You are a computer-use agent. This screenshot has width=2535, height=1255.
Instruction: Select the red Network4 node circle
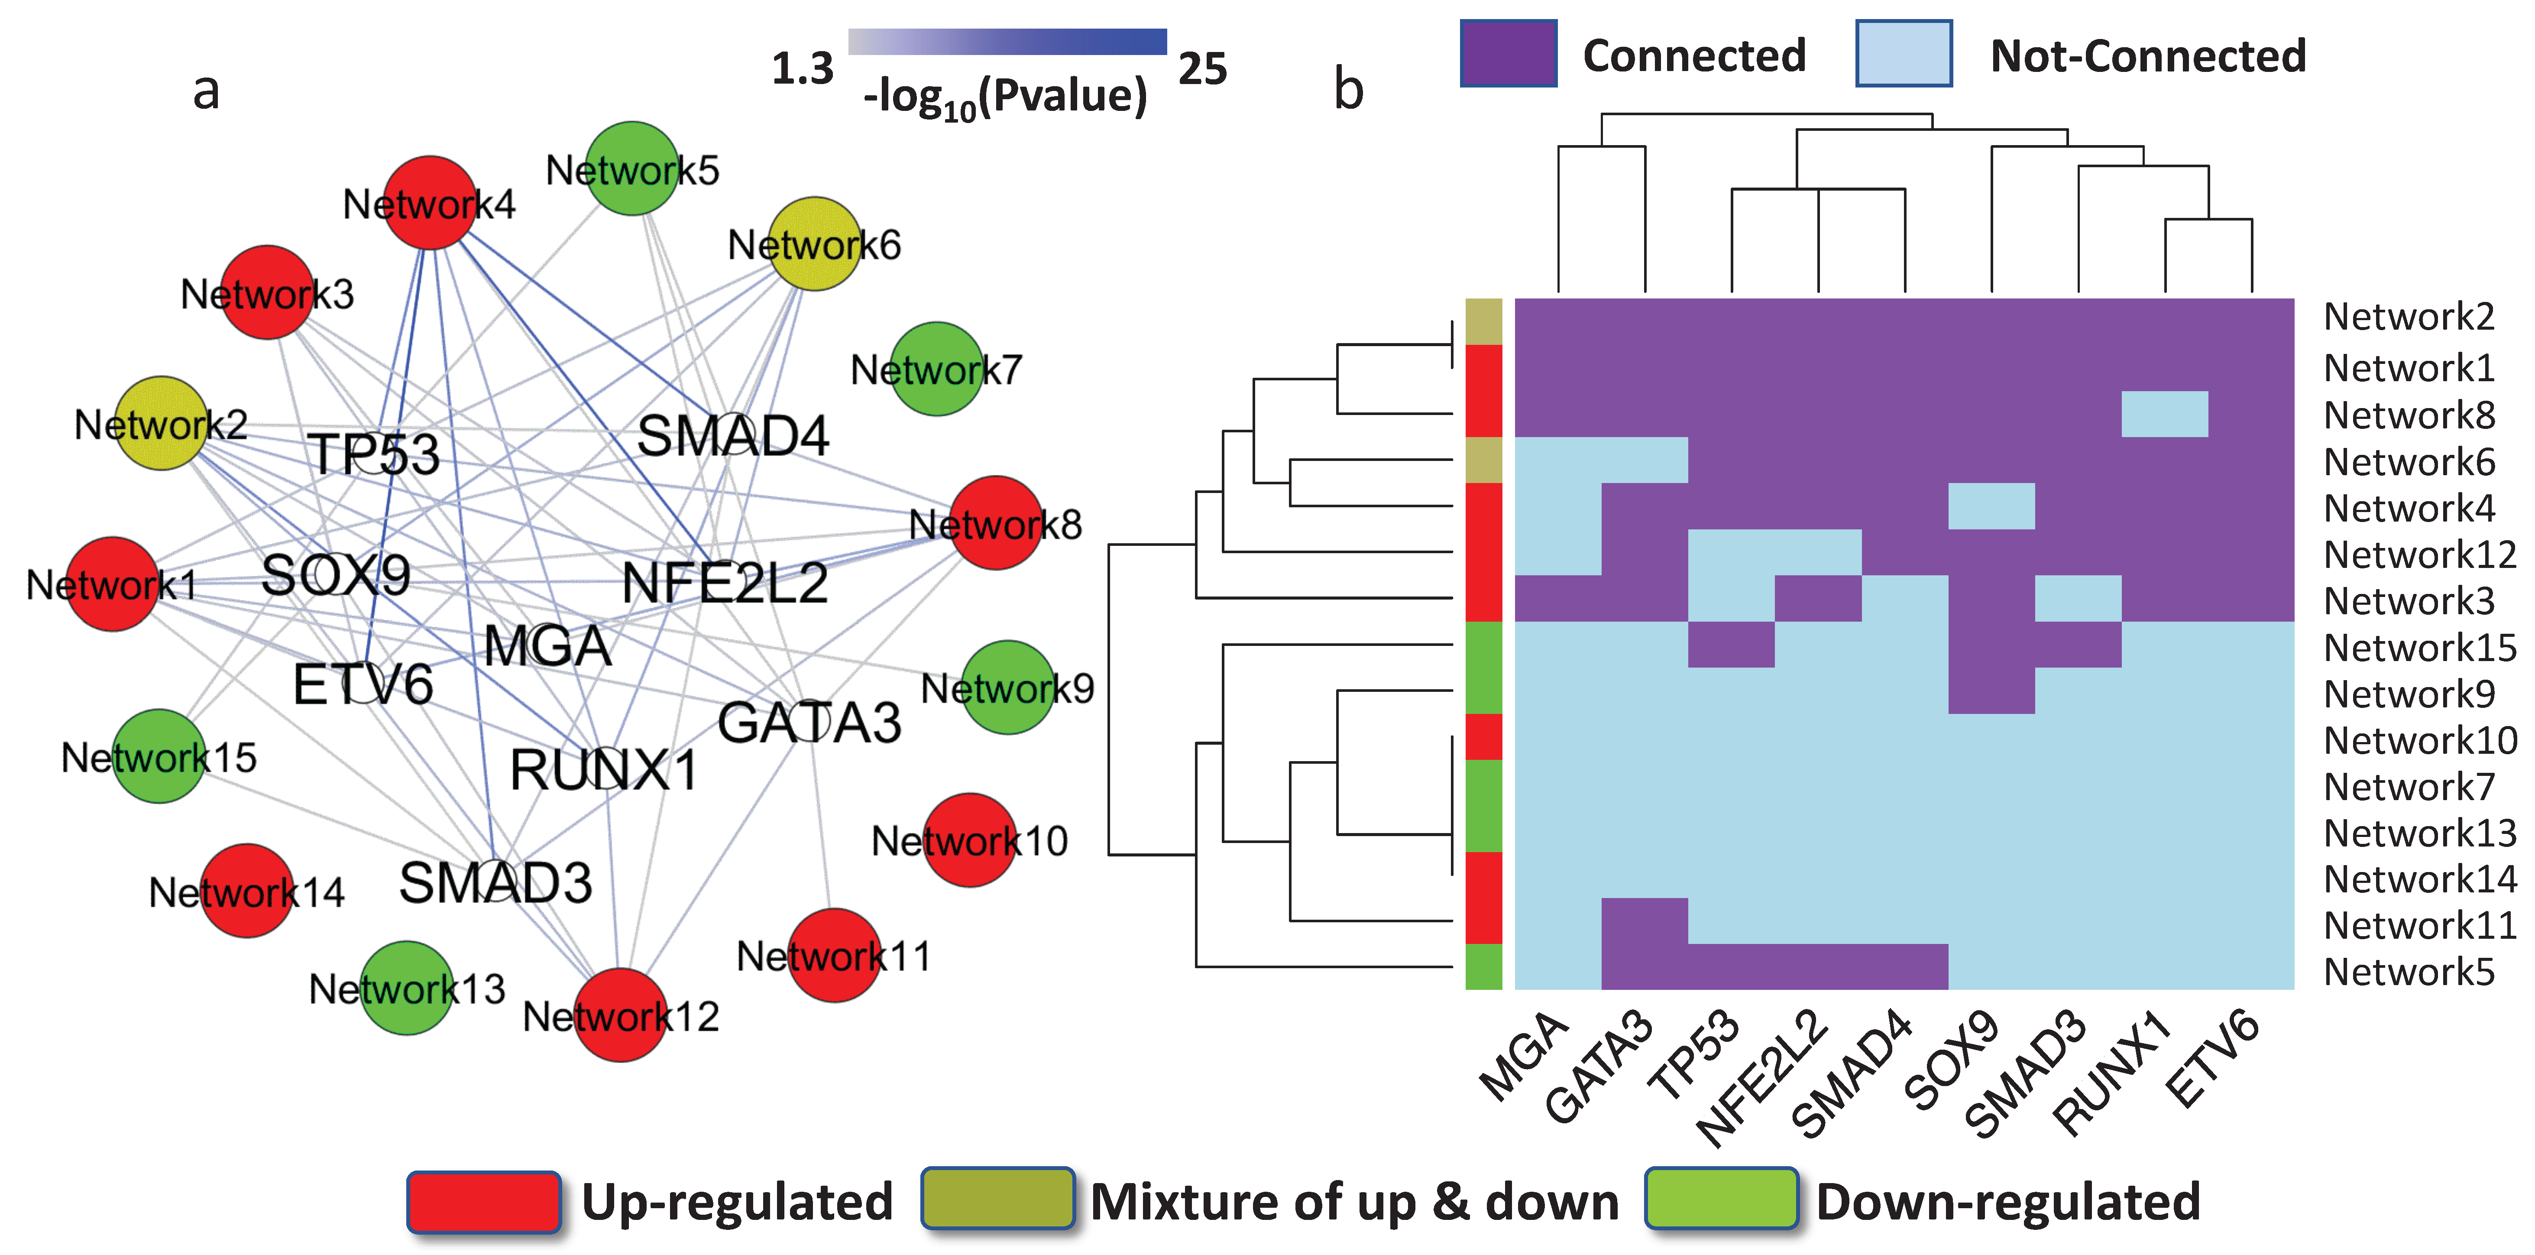point(430,203)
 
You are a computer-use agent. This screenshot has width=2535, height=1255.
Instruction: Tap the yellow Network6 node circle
point(814,243)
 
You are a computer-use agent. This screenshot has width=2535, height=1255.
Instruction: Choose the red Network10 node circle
point(970,840)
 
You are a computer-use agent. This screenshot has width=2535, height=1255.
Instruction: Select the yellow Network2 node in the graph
point(162,423)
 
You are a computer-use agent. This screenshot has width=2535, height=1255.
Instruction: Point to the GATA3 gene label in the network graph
point(809,723)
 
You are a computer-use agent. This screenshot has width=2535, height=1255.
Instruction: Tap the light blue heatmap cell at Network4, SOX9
point(1991,506)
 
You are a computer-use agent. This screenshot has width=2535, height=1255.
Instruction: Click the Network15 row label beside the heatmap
point(2419,648)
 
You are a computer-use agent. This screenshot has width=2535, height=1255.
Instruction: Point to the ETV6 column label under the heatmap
point(2214,1058)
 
